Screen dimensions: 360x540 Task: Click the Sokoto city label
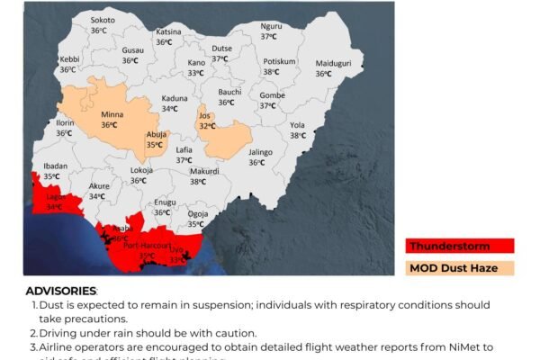coord(103,20)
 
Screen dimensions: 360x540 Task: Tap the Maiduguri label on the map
coord(332,64)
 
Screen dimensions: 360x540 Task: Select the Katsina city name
coord(168,31)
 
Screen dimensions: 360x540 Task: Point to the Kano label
coord(196,62)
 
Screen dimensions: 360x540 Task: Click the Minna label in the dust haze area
coord(112,115)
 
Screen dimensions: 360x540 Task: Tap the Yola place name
coord(298,125)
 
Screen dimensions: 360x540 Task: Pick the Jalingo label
coord(259,152)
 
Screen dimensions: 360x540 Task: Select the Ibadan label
coord(55,166)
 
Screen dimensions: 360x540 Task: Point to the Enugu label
coord(165,202)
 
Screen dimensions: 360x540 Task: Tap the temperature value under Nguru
coord(269,36)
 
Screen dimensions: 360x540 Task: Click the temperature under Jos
coord(207,126)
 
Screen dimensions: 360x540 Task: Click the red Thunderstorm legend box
coord(459,246)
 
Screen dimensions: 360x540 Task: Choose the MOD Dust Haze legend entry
coord(459,267)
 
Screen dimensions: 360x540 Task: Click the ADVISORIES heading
coord(60,291)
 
